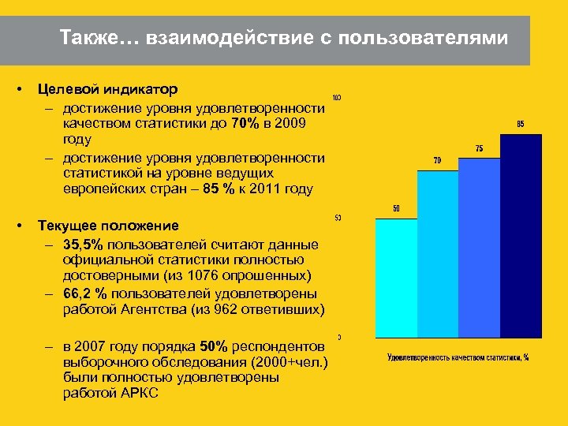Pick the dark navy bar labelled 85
coord(521,237)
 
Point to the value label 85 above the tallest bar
coord(521,124)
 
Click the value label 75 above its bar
coord(479,148)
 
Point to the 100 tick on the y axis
coord(337,98)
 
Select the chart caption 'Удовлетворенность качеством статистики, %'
coord(458,357)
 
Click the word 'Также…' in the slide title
coord(93,38)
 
